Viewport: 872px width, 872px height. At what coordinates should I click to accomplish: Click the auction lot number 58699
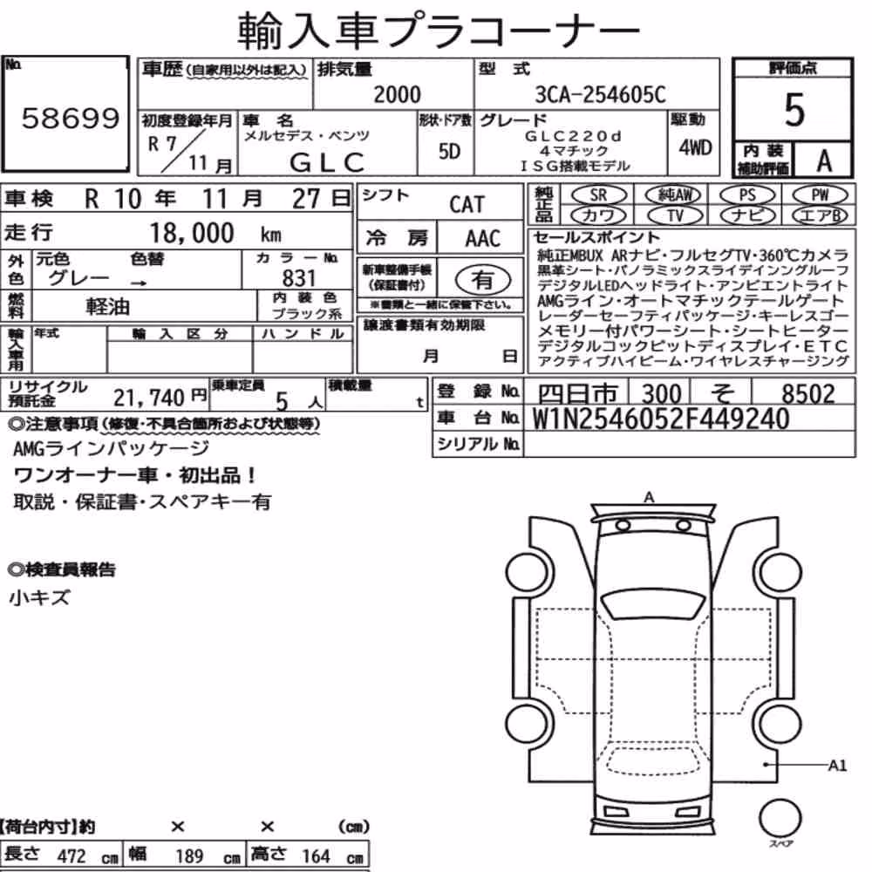coord(71,118)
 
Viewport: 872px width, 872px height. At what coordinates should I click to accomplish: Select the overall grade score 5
coord(794,110)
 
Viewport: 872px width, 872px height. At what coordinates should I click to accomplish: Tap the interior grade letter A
coord(824,160)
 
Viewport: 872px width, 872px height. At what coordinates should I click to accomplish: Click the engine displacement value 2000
coord(397,94)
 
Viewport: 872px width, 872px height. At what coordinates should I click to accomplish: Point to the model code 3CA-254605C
coord(600,94)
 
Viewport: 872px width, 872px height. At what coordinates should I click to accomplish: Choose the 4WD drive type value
coord(695,147)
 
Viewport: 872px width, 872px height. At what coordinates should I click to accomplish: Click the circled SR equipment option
coord(598,195)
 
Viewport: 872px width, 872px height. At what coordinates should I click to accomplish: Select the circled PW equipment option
coord(820,195)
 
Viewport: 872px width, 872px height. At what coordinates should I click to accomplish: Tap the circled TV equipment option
coord(675,215)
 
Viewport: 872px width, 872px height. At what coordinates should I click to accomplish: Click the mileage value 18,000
coord(192,233)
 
